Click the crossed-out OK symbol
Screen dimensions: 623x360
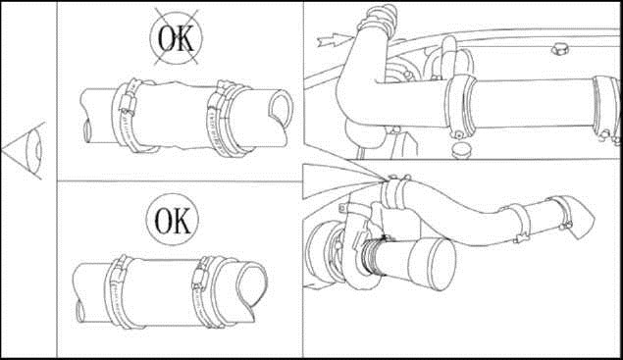(x=176, y=37)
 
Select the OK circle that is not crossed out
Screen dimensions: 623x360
(x=172, y=220)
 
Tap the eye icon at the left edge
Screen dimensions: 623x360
(x=25, y=151)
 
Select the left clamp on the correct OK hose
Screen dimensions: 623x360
(x=118, y=292)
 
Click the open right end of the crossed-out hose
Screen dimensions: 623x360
(x=281, y=108)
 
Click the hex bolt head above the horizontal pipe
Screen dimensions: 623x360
(x=560, y=50)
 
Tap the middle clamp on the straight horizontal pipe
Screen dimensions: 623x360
(x=459, y=104)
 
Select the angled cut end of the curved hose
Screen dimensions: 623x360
(x=582, y=219)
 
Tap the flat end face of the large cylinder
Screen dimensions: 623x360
(x=442, y=264)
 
